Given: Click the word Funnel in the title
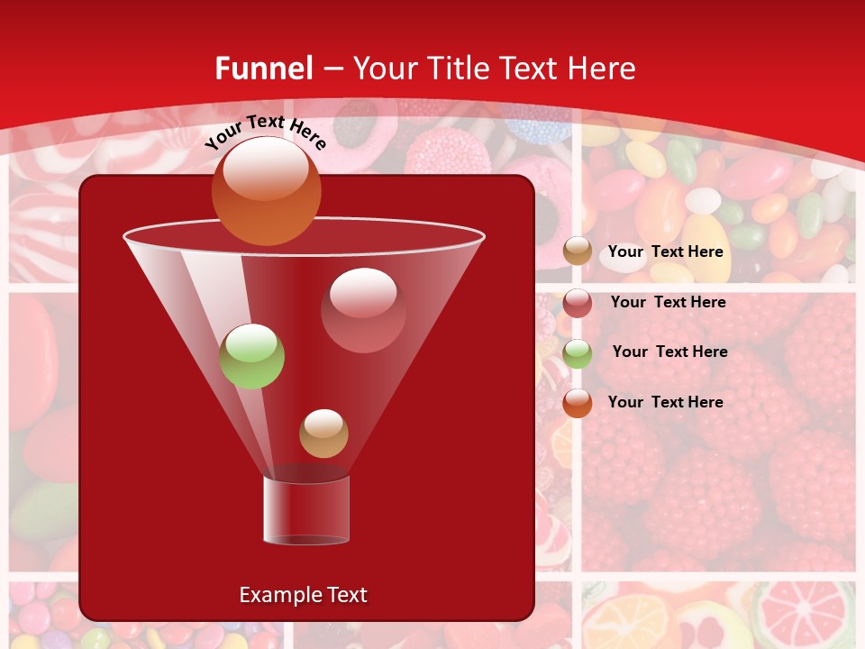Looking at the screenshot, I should click(263, 69).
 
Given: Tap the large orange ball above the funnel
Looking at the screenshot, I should click(266, 190).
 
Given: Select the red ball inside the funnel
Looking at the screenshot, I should click(363, 310).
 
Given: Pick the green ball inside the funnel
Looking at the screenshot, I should click(251, 356).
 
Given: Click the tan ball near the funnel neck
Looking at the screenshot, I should click(323, 434).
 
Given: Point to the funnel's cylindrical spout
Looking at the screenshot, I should click(306, 509).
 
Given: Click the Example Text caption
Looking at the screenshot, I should click(303, 595).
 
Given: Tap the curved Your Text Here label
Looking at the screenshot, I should click(265, 132).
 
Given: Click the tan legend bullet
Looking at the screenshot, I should click(578, 251).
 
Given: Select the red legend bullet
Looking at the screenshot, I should click(578, 303).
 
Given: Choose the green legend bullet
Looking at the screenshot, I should click(578, 353).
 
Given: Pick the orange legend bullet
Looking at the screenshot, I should click(578, 403).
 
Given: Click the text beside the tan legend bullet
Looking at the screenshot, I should click(665, 252).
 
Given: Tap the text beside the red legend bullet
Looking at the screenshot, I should click(668, 302).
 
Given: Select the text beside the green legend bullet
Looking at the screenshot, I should click(669, 352).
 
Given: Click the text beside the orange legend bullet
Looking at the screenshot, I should click(665, 402).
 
